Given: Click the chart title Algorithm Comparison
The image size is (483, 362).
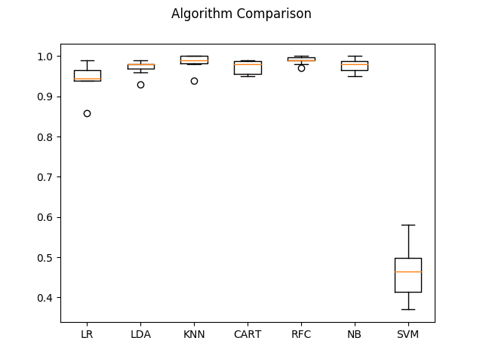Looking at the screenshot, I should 241,14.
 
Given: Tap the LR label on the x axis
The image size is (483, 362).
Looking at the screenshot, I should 87,334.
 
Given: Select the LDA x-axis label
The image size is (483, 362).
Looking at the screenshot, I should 140,334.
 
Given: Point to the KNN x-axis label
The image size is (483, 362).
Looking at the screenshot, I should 194,334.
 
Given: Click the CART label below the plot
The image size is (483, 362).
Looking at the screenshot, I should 248,334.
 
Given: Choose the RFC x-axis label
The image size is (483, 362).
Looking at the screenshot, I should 301,334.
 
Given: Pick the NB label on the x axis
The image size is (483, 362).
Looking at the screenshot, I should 355,334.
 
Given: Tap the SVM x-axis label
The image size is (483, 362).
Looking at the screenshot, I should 408,334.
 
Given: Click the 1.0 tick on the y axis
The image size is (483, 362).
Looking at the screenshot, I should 45,57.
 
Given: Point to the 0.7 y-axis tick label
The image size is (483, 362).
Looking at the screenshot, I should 45,177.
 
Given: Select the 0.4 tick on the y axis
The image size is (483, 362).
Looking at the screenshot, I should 45,298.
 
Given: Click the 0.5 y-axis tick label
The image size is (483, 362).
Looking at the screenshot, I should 45,258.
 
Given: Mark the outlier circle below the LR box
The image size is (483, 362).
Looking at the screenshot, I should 87,113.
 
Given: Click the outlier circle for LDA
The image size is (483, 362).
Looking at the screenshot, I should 140,84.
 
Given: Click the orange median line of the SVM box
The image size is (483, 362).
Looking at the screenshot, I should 408,271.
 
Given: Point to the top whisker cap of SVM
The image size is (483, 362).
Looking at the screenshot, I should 408,225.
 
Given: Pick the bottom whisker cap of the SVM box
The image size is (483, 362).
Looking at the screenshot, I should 408,309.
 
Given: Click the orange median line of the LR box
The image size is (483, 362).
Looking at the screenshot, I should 87,78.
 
